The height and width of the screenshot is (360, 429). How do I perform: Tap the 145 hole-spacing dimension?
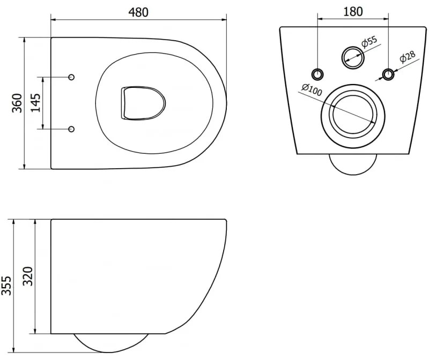[x=35, y=102]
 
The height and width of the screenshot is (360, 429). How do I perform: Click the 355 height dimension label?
[x=6, y=286]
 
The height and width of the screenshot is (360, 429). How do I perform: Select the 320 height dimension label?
[x=27, y=276]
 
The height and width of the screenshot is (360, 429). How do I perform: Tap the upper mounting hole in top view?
[x=72, y=77]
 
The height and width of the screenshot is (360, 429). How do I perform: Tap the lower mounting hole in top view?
[x=72, y=129]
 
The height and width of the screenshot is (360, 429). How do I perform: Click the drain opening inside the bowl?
[x=142, y=103]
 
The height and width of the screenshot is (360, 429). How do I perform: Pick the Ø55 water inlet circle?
[x=352, y=56]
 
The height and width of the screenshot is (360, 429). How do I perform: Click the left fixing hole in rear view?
[x=317, y=74]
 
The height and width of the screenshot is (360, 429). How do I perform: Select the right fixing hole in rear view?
[x=387, y=74]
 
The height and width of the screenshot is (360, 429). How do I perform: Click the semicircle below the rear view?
[x=352, y=164]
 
